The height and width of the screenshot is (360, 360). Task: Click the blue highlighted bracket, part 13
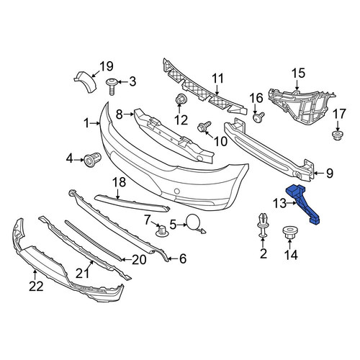click(x=302, y=203)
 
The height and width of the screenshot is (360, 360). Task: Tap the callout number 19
click(x=107, y=66)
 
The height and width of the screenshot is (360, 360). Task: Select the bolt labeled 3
click(x=112, y=86)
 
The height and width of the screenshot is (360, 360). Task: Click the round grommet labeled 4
click(x=93, y=160)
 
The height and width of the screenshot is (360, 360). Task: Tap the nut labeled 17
click(x=338, y=136)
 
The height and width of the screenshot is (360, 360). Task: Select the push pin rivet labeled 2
click(x=263, y=225)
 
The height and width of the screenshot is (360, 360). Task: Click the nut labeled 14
click(x=289, y=233)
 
